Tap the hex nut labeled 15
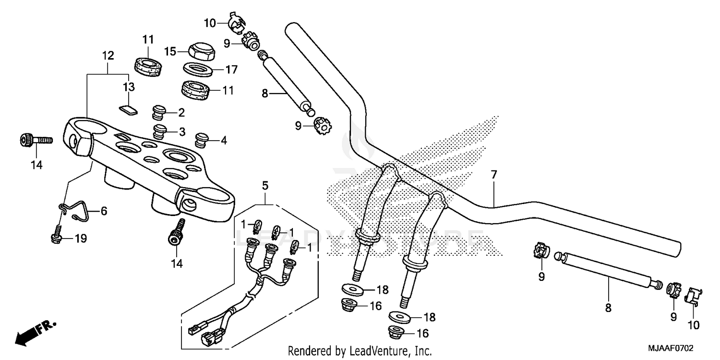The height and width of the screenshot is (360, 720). pos(199,51)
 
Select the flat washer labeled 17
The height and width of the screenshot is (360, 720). pos(199,69)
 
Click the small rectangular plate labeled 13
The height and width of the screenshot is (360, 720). pos(128,110)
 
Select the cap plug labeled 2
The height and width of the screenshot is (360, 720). pos(159,113)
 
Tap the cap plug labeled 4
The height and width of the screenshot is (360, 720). pos(202,141)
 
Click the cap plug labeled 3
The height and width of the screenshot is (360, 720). pos(159,130)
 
